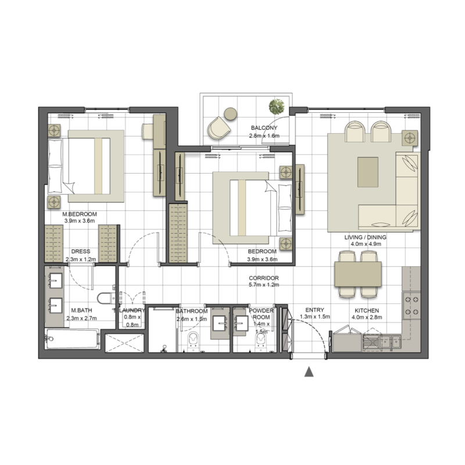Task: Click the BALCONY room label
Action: pyautogui.click(x=264, y=128)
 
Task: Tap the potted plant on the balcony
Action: pyautogui.click(x=276, y=106)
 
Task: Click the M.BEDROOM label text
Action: pyautogui.click(x=80, y=214)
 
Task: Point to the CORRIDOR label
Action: pyautogui.click(x=263, y=278)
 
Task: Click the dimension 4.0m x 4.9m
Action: pyautogui.click(x=364, y=245)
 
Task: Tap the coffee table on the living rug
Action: pyautogui.click(x=367, y=171)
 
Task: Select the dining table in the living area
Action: pyautogui.click(x=357, y=273)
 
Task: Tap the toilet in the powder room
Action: pyautogui.click(x=260, y=341)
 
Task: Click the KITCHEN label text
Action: pyautogui.click(x=367, y=310)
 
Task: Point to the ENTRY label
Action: pyautogui.click(x=314, y=310)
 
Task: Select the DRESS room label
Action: pyautogui.click(x=81, y=252)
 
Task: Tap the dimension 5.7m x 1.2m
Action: pyautogui.click(x=263, y=285)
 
